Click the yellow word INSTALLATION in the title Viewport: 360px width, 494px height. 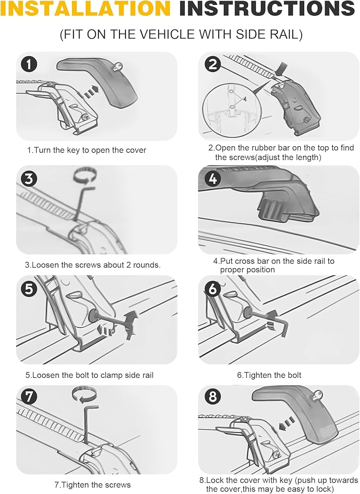click(85, 8)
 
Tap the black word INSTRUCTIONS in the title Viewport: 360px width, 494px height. click(267, 8)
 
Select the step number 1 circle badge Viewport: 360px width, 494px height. click(29, 64)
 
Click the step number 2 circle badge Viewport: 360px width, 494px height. click(213, 64)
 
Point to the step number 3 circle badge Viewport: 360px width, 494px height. click(29, 178)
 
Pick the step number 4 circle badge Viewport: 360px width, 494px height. click(213, 178)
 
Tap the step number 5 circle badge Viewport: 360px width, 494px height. click(29, 288)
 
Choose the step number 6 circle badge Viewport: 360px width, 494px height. click(213, 288)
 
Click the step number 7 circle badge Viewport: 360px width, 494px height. click(29, 397)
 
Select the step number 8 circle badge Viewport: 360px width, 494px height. click(213, 397)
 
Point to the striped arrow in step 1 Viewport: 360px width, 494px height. click(92, 91)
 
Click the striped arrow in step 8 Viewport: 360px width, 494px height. click(287, 423)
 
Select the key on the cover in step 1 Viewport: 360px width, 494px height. click(118, 66)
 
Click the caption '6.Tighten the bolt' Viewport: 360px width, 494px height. click(269, 375)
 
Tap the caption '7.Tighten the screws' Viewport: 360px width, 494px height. click(93, 485)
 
